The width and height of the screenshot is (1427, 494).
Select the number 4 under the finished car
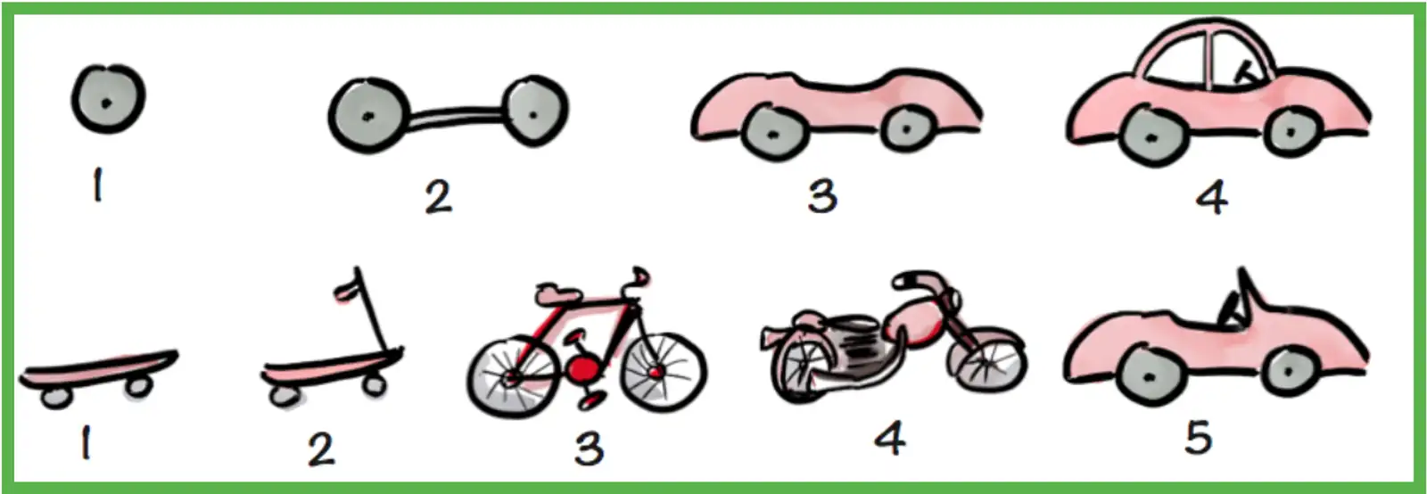point(1211,196)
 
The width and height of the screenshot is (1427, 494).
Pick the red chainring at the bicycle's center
point(582,367)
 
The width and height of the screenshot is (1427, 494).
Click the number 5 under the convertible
point(1197,437)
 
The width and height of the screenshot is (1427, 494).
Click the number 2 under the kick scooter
point(321,449)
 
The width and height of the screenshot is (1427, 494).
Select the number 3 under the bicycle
point(588,448)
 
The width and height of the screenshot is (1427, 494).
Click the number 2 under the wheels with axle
point(437,196)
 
